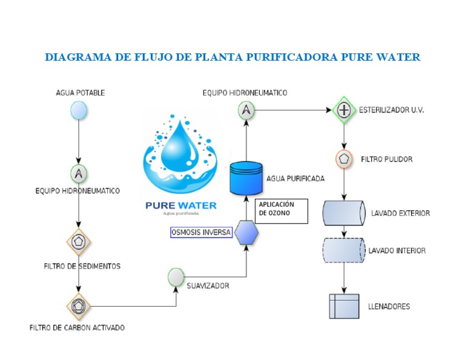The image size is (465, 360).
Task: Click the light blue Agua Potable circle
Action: (x=78, y=111)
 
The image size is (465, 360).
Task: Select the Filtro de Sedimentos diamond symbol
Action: (x=78, y=242)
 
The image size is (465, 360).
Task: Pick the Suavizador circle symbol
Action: (x=176, y=277)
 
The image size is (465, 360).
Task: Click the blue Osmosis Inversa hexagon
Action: (x=246, y=232)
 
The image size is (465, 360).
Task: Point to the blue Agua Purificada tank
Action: (x=246, y=178)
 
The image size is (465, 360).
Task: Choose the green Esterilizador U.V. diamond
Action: (x=344, y=110)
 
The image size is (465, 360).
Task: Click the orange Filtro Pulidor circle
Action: (x=344, y=159)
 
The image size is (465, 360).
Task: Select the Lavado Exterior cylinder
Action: (x=343, y=213)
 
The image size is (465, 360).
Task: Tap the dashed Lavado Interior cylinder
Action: (x=343, y=250)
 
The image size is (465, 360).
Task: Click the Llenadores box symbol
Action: (x=343, y=306)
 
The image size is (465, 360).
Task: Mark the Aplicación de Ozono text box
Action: (x=282, y=210)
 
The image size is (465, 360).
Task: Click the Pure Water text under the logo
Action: (x=180, y=205)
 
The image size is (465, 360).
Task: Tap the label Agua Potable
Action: (x=80, y=93)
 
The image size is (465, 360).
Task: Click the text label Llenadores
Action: (x=389, y=307)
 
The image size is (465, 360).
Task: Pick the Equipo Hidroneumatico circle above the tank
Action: (x=246, y=110)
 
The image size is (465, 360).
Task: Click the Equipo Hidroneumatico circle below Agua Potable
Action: (x=78, y=174)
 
